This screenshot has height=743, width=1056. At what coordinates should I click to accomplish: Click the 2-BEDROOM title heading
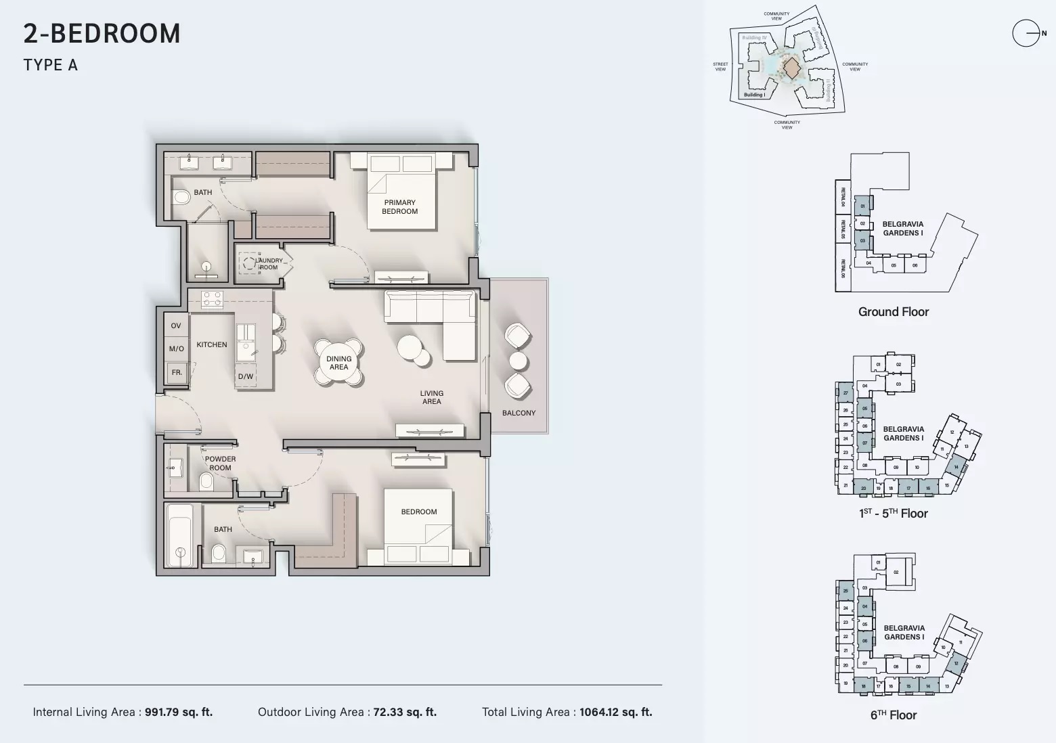(102, 34)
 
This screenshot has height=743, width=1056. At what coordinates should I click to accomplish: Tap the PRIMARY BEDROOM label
(399, 207)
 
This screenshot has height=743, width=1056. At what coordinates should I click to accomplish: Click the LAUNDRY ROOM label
(269, 264)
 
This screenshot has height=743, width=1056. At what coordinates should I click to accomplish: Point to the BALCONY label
(519, 413)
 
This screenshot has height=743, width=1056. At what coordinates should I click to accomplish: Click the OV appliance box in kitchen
(176, 325)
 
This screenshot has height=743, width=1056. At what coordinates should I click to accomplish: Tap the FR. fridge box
(177, 373)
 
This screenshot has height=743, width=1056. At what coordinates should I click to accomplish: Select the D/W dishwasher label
(245, 377)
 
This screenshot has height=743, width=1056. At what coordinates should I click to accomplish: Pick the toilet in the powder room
(207, 481)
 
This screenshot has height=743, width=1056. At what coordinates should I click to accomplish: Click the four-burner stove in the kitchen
(212, 298)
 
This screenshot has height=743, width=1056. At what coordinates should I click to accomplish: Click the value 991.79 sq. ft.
(179, 712)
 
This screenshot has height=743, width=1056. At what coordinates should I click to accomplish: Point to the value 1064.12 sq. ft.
(615, 712)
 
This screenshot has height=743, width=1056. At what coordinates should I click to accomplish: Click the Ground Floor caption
(893, 312)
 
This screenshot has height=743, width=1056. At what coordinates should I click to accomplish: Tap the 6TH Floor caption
(893, 715)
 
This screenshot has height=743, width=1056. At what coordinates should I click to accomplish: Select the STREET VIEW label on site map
(720, 66)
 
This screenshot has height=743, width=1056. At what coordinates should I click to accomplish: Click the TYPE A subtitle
(51, 65)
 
